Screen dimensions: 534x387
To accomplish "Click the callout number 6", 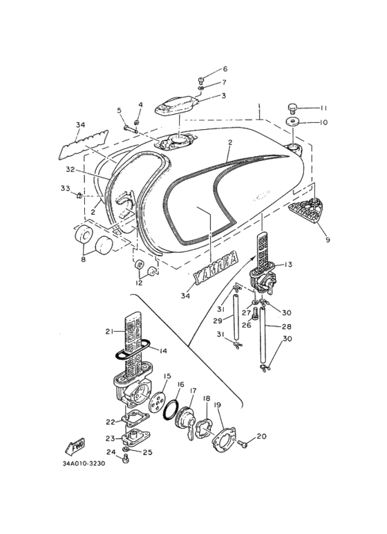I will click(x=225, y=70).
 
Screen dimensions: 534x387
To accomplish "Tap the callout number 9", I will click(x=328, y=240).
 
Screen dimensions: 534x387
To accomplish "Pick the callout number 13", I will click(x=289, y=265).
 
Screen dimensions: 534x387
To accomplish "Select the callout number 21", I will click(x=108, y=332).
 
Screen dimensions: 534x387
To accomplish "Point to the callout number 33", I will click(x=65, y=188).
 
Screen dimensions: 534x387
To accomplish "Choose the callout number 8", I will click(x=84, y=260).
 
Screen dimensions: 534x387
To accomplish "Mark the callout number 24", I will click(x=111, y=452).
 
